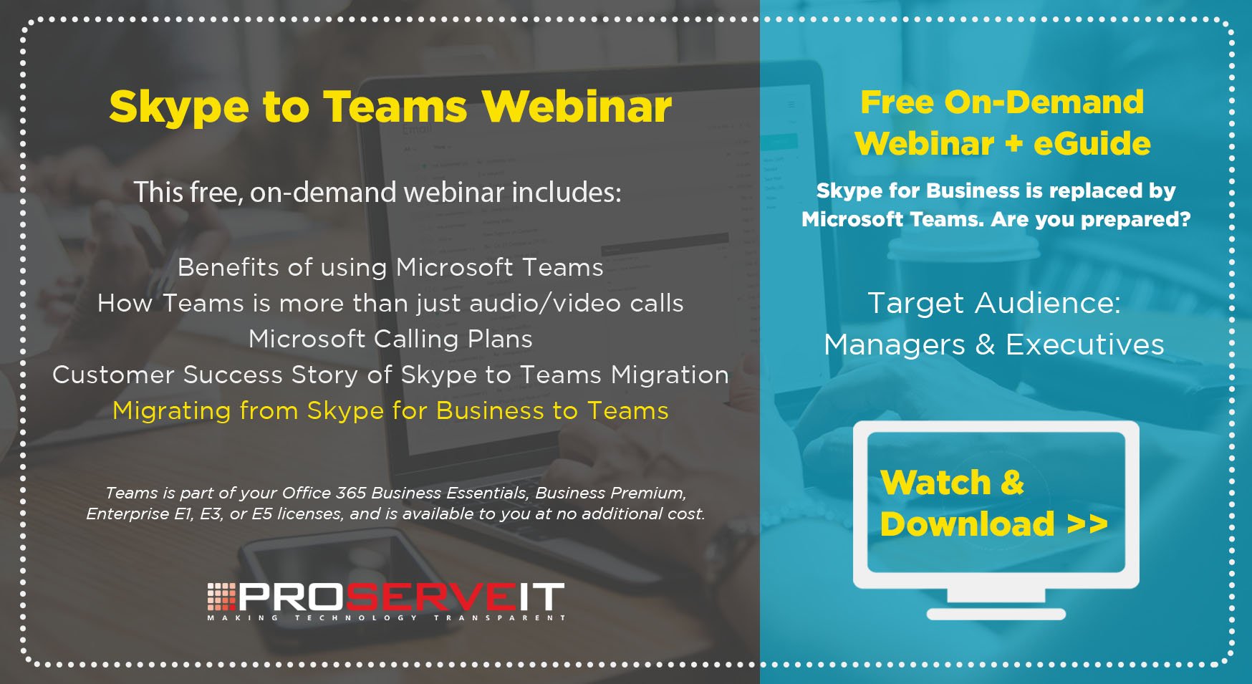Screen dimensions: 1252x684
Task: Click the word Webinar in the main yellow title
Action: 577,107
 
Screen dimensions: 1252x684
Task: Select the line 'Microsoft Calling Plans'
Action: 390,339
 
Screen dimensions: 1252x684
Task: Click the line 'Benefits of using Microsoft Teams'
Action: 390,268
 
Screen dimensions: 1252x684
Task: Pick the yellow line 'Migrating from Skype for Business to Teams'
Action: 390,411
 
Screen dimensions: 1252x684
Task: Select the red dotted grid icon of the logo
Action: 221,597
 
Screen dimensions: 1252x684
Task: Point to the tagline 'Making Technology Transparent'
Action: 387,617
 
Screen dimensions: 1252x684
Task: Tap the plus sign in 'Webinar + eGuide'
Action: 1013,144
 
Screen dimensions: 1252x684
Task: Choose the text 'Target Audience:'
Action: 994,303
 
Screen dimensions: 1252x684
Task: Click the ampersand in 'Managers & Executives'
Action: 986,345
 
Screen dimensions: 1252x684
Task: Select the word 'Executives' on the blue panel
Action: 1085,345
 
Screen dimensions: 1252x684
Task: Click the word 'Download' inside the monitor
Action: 968,524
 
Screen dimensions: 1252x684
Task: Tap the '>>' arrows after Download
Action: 1087,524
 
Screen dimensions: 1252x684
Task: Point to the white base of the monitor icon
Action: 996,614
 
